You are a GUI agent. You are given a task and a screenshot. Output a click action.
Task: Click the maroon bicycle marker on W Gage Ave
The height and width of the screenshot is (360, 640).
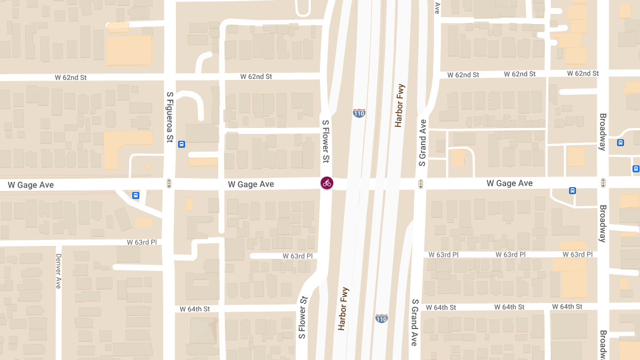[x=327, y=183]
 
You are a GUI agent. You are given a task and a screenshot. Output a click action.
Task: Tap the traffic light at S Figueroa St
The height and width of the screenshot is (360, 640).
[x=169, y=183]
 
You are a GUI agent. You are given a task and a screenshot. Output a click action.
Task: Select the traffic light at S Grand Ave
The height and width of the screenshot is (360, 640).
[x=421, y=183]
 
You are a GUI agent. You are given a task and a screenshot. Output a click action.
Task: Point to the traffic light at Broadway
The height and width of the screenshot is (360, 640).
[x=603, y=183]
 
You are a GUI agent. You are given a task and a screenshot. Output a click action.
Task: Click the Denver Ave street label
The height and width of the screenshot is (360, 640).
[x=59, y=270]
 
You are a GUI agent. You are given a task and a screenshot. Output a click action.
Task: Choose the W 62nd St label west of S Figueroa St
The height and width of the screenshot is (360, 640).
[x=70, y=77]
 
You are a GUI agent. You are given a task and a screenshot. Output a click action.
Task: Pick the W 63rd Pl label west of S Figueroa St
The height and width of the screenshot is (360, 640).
[x=142, y=242]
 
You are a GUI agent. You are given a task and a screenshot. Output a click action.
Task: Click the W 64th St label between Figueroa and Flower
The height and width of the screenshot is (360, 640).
[x=195, y=309]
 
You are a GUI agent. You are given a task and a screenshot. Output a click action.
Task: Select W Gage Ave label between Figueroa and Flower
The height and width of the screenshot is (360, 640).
[x=251, y=184]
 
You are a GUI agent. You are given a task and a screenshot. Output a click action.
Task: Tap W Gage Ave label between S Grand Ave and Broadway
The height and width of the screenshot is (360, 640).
[x=509, y=183]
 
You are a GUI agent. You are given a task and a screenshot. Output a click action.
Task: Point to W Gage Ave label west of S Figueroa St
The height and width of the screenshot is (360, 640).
[x=30, y=185]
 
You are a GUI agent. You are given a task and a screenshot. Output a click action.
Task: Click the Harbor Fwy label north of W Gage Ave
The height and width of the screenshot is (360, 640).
[x=399, y=105]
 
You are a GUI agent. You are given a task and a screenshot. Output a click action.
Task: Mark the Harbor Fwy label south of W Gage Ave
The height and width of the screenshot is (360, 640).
[x=343, y=309]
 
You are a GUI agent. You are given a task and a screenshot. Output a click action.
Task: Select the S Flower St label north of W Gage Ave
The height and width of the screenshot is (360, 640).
[x=325, y=141]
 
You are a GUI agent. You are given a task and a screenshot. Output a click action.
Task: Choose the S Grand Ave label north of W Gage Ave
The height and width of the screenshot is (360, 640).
[x=423, y=142]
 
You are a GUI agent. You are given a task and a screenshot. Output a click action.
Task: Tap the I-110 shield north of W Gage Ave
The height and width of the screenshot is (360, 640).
[x=359, y=113]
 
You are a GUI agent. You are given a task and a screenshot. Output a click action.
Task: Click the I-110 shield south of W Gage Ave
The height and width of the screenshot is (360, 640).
[x=381, y=318]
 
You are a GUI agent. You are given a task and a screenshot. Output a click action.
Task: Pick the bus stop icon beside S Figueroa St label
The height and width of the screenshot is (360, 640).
[x=182, y=144]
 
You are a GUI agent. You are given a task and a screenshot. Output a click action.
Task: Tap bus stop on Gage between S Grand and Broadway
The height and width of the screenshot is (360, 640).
[x=572, y=190]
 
